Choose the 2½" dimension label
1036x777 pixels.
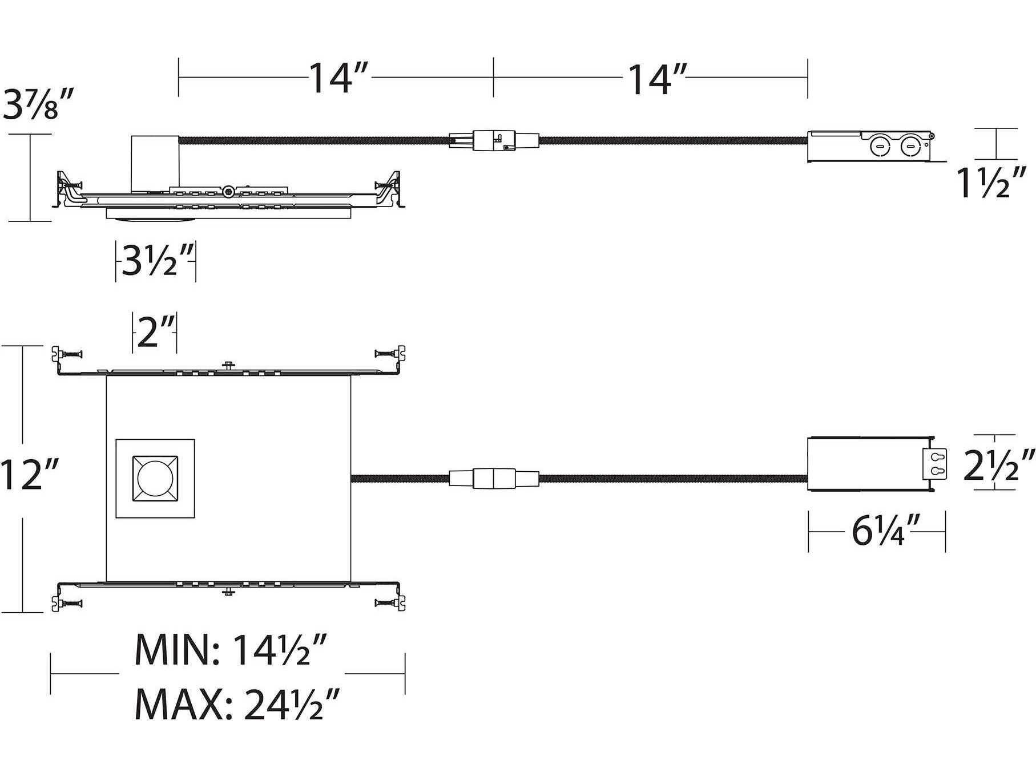(998, 465)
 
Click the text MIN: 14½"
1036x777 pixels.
(231, 650)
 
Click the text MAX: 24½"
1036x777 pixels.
(237, 705)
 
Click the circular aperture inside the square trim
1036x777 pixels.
(155, 478)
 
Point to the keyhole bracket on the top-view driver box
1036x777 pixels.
(936, 464)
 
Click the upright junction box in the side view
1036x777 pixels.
(155, 163)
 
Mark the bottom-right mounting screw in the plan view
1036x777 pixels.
(390, 602)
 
